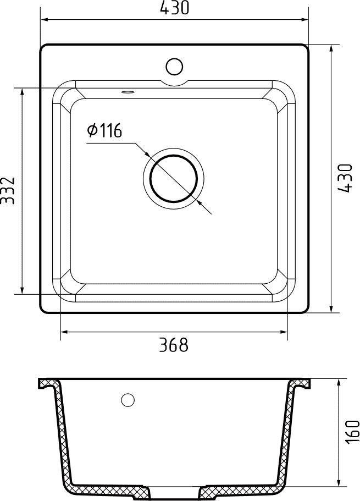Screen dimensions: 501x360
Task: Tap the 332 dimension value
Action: (x=8, y=191)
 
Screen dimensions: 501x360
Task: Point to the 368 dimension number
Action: (x=174, y=345)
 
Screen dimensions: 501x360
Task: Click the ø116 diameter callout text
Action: (x=104, y=130)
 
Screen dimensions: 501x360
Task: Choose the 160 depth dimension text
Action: (x=352, y=432)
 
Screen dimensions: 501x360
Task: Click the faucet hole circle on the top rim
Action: (x=174, y=67)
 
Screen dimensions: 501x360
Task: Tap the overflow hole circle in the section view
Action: (x=128, y=400)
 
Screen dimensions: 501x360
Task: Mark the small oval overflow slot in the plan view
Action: (x=128, y=92)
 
